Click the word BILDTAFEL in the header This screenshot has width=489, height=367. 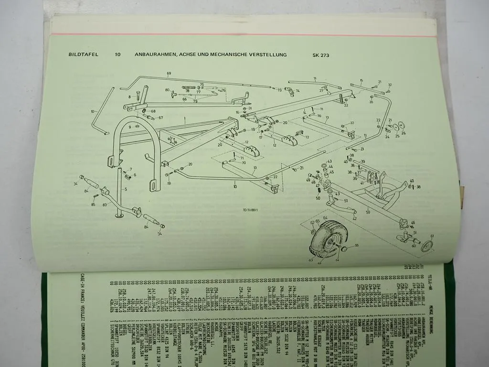click(x=83, y=54)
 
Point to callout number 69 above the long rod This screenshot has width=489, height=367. click(x=169, y=73)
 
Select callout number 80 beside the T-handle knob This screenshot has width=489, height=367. click(x=167, y=90)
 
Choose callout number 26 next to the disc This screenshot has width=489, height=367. click(x=404, y=133)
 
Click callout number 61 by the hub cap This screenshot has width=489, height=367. click(x=432, y=236)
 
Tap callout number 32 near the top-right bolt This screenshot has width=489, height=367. click(x=390, y=85)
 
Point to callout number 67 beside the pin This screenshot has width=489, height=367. click(x=160, y=118)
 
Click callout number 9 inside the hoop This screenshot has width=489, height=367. click(x=129, y=128)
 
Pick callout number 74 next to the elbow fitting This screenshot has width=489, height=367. click(x=298, y=90)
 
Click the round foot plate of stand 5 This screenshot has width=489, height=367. click(x=119, y=216)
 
